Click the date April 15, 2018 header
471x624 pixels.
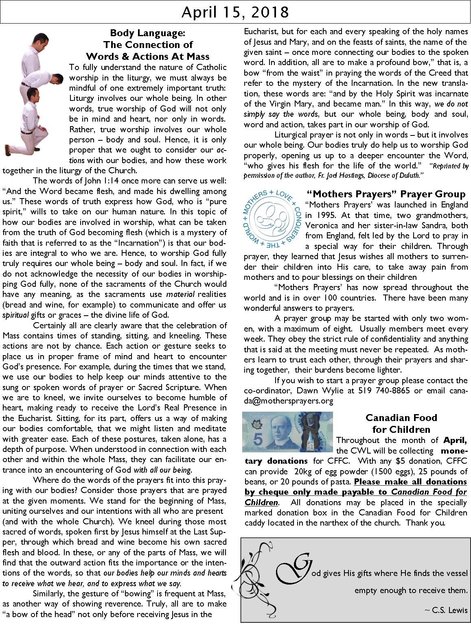click(235, 12)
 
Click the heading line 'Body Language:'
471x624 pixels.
click(148, 33)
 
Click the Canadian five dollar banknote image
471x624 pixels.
click(287, 432)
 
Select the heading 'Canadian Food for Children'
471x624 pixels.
click(401, 423)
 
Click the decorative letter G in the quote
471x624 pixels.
click(291, 567)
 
